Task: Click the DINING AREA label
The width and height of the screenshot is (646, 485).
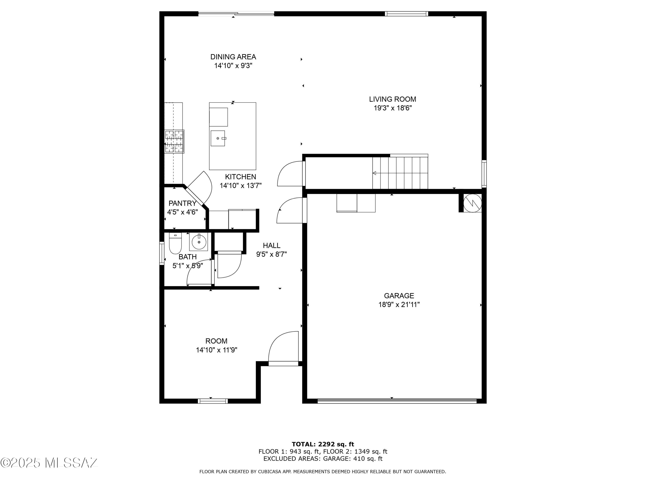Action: click(233, 57)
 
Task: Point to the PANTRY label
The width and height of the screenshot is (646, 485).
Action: click(182, 203)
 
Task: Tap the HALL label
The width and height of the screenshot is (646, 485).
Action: click(271, 246)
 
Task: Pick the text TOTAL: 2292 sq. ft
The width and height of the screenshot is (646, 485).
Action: click(323, 444)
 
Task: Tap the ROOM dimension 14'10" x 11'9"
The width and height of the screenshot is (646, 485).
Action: click(216, 350)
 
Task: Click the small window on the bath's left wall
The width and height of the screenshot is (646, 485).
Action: click(161, 253)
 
